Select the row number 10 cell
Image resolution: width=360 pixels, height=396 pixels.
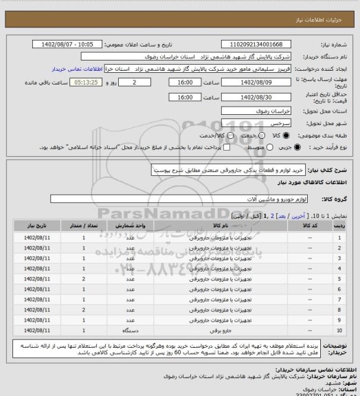tap(339, 331)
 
